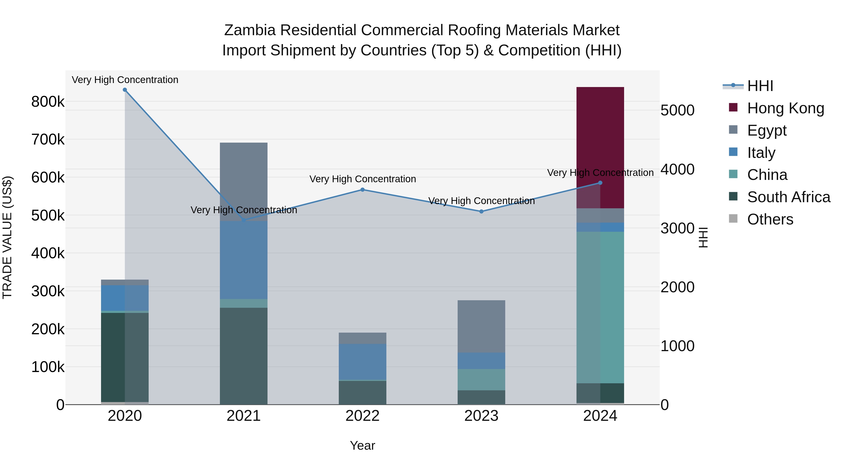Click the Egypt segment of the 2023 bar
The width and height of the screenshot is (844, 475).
pyautogui.click(x=481, y=326)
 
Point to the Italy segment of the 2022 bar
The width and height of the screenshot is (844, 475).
pyautogui.click(x=362, y=361)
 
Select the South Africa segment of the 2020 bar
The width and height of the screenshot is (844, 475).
pyautogui.click(x=124, y=357)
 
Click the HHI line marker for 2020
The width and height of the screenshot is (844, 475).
pyautogui.click(x=125, y=90)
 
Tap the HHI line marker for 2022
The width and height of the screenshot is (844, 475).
pyautogui.click(x=362, y=190)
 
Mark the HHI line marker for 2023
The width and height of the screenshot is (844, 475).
pyautogui.click(x=481, y=211)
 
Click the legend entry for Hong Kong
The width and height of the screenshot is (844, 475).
pyautogui.click(x=785, y=108)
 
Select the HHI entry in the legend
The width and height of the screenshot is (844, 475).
pyautogui.click(x=760, y=86)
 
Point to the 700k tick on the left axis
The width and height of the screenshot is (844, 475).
pyautogui.click(x=48, y=140)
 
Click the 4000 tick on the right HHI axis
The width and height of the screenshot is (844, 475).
pyautogui.click(x=677, y=169)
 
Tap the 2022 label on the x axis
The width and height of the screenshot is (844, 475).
pyautogui.click(x=362, y=416)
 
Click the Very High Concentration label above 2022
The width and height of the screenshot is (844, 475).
pyautogui.click(x=362, y=179)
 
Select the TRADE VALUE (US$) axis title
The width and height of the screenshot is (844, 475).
pyautogui.click(x=8, y=237)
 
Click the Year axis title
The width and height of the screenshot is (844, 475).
pyautogui.click(x=362, y=445)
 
